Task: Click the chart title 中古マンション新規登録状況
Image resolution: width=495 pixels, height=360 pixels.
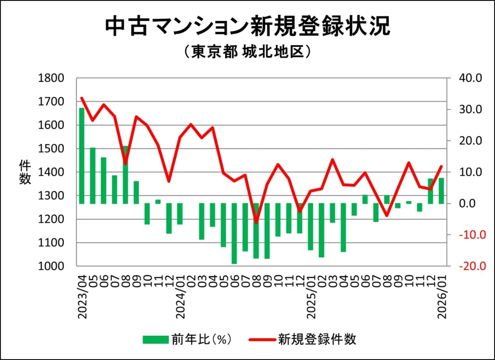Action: point(247,27)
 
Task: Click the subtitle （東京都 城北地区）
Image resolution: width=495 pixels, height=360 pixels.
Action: point(247,52)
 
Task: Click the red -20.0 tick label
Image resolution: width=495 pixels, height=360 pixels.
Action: point(466,266)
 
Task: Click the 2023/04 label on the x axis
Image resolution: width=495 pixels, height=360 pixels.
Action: point(82,296)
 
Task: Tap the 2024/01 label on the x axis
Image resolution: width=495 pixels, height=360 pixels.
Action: point(180,296)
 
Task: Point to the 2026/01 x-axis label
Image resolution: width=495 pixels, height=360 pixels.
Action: point(441,296)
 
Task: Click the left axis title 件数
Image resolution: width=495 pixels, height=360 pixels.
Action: point(25,172)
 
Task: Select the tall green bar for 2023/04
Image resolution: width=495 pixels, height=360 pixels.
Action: point(82,155)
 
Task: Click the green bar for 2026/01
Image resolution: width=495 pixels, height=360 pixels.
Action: point(441,191)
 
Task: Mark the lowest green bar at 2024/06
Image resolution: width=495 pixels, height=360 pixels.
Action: point(234,233)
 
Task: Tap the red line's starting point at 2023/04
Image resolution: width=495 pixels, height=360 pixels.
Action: point(82,98)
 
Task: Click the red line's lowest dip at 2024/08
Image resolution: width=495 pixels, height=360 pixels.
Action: point(256,222)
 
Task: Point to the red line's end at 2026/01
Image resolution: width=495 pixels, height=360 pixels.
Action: point(441,166)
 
